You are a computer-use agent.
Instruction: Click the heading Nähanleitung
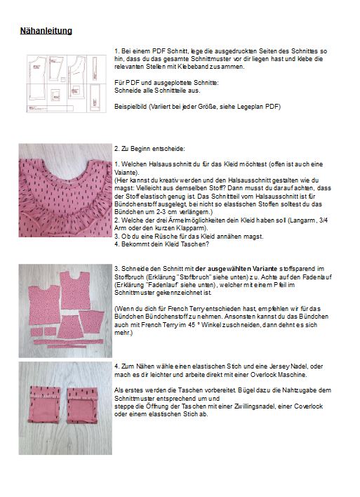coord(46,31)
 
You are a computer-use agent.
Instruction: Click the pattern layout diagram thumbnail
coord(67,84)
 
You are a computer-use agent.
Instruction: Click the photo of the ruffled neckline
coord(65,190)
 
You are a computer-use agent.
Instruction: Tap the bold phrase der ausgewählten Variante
coord(236,269)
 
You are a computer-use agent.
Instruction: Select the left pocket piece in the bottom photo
coord(44,404)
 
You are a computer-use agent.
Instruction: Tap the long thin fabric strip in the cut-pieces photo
coord(69,342)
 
